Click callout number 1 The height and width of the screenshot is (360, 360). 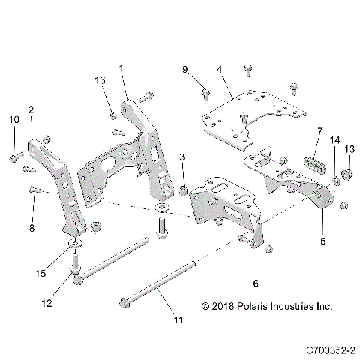click(x=121, y=68)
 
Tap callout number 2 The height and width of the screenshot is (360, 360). click(x=31, y=109)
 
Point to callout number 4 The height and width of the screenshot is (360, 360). click(x=219, y=70)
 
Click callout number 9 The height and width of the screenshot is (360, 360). click(x=184, y=70)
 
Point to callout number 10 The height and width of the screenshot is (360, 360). click(x=13, y=120)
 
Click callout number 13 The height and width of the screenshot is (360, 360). click(x=348, y=149)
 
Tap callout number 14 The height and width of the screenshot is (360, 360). click(x=334, y=140)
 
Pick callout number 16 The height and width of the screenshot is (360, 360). click(x=100, y=80)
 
